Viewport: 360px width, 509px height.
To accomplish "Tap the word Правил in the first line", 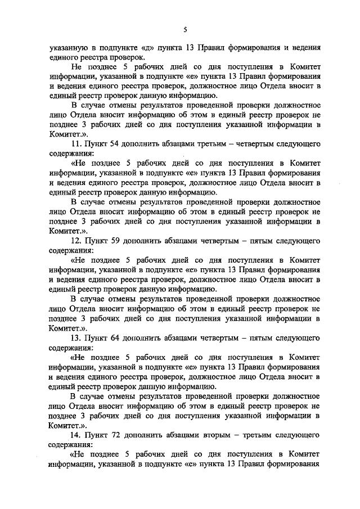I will [x=229, y=48].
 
